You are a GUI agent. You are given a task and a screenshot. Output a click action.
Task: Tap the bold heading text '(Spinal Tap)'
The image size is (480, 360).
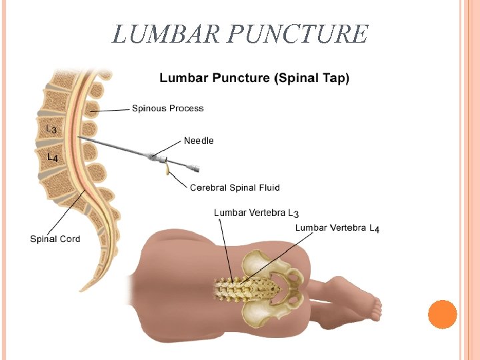click(x=312, y=79)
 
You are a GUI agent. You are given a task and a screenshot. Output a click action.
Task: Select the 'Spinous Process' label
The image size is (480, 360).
click(x=167, y=108)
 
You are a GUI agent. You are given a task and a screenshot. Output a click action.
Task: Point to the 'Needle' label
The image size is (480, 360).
click(x=199, y=141)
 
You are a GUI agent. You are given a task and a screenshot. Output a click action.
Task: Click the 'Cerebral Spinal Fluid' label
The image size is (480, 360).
click(x=235, y=187)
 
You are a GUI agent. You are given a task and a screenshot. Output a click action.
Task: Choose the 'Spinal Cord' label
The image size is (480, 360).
click(x=55, y=239)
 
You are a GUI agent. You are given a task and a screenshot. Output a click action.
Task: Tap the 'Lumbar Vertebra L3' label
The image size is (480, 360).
click(x=256, y=213)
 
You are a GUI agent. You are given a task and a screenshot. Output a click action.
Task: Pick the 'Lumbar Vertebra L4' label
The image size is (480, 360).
click(x=337, y=228)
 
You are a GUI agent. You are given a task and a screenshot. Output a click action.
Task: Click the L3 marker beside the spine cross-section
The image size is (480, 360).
click(x=51, y=128)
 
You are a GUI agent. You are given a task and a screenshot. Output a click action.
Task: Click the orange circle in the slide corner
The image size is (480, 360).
click(x=442, y=314)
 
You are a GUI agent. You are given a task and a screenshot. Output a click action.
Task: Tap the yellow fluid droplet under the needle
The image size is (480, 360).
click(x=166, y=171)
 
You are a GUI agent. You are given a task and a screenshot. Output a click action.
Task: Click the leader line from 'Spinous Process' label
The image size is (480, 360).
click(x=110, y=109)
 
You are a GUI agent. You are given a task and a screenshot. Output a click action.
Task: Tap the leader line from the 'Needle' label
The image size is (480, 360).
click(x=168, y=148)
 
